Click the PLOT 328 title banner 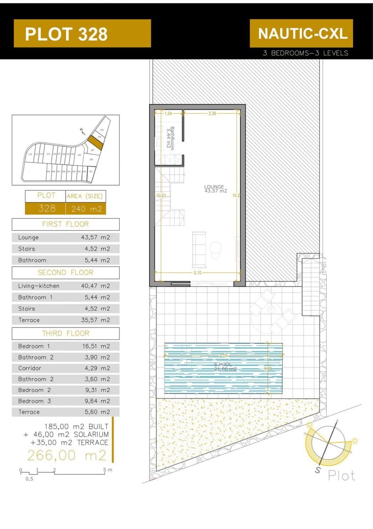coord(82,34)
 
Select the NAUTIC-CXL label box coord(302,34)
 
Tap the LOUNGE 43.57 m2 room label coord(215,189)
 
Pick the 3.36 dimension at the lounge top coord(211,113)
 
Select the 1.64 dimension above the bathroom coord(168,113)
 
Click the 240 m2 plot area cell coord(86,209)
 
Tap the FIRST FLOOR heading coord(65,224)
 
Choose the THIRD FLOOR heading coord(65,333)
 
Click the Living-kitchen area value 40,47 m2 coord(96,286)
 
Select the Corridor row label coord(30,368)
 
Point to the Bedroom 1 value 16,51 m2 coord(96,346)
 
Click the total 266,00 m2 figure coord(67,454)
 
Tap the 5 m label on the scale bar coord(108,470)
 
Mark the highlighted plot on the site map coord(94,142)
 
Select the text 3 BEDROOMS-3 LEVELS coord(305,53)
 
